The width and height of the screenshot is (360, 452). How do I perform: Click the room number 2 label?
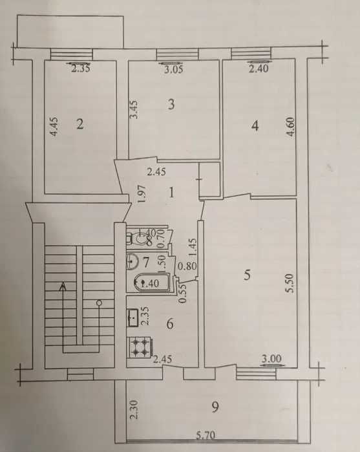click(x=80, y=125)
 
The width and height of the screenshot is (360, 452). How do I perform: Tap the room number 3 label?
click(x=171, y=104)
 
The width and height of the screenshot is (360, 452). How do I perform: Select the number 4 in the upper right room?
click(x=255, y=127)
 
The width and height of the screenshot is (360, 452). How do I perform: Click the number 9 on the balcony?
click(x=215, y=407)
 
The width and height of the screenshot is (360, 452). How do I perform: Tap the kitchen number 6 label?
click(x=170, y=323)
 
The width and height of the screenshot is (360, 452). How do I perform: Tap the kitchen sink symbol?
click(x=132, y=317)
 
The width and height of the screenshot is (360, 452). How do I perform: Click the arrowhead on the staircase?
click(x=63, y=286)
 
